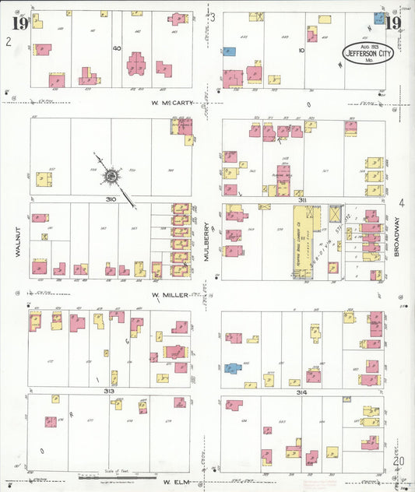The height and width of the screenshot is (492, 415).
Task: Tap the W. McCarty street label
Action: click(173, 101)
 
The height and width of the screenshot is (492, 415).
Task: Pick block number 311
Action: click(303, 199)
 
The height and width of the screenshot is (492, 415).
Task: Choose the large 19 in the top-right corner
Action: click(393, 23)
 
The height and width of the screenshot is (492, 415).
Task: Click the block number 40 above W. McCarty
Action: click(117, 49)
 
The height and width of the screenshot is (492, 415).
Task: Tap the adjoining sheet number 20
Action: click(399, 461)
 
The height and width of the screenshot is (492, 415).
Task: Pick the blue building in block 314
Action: click(232, 367)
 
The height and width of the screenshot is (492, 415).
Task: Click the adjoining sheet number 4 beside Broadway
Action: click(402, 204)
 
